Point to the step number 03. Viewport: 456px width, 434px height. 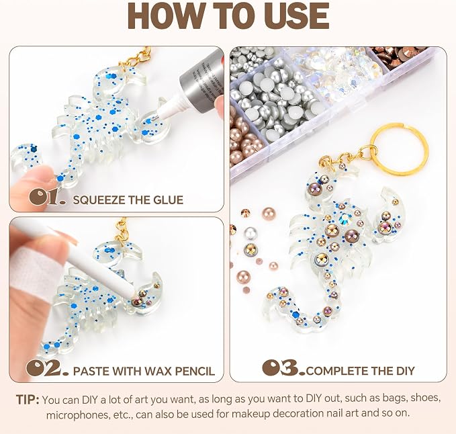coord(284,367)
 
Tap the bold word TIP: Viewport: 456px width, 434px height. coord(28,399)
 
